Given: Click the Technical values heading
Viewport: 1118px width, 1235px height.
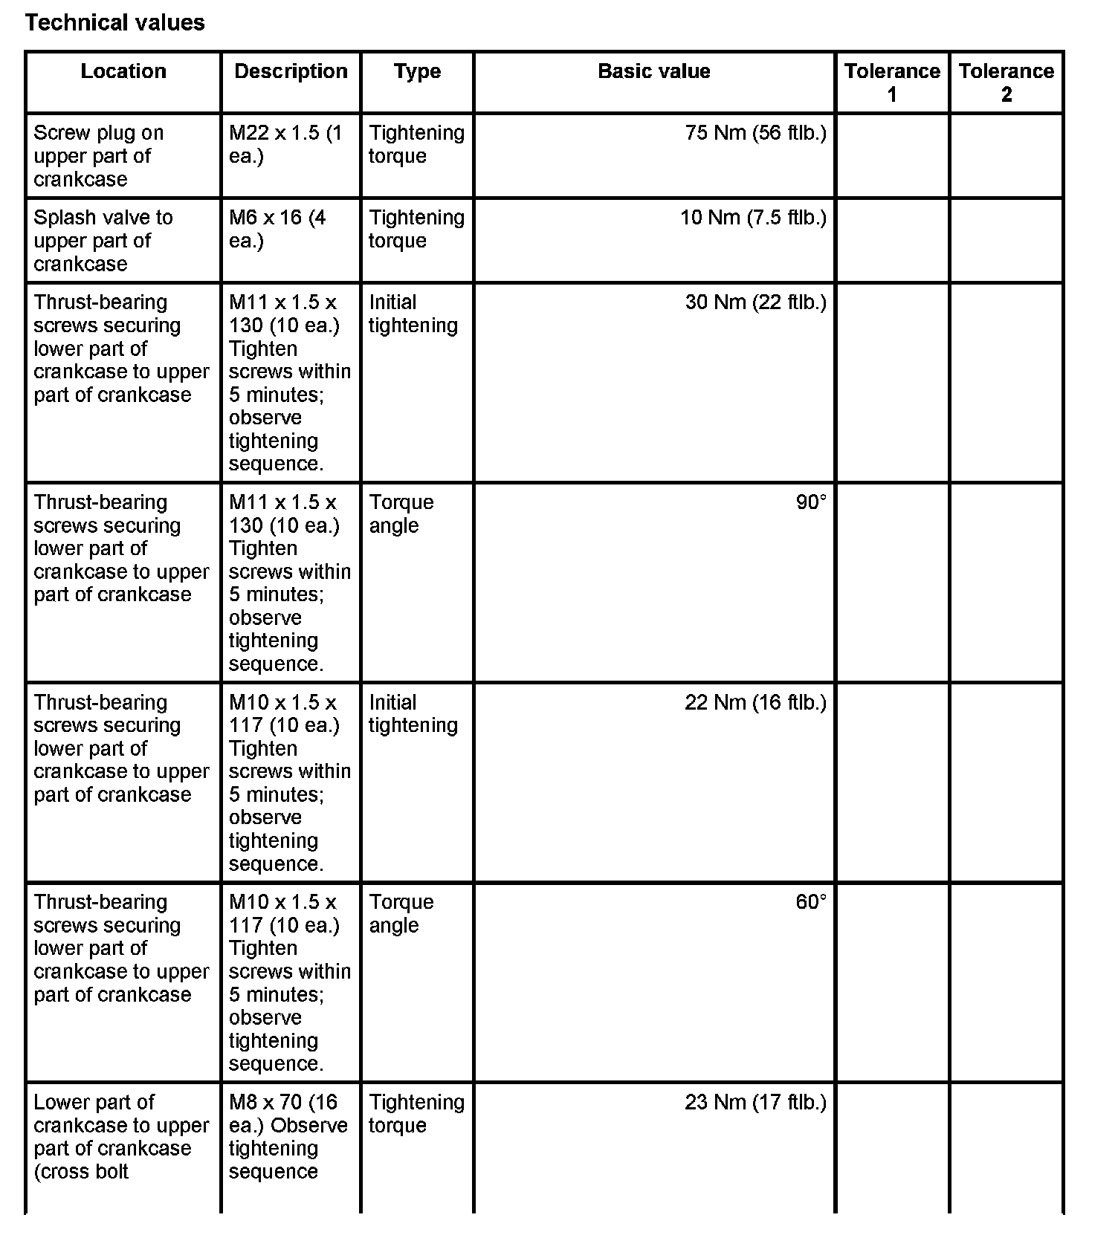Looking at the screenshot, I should pyautogui.click(x=114, y=22).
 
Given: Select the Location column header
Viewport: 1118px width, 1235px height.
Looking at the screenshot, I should pyautogui.click(x=123, y=71).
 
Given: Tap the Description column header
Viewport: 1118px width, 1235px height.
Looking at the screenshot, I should pyautogui.click(x=291, y=71).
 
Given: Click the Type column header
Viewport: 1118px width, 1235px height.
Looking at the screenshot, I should pyautogui.click(x=417, y=71).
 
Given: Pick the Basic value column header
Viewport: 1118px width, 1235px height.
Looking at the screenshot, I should pyautogui.click(x=653, y=71).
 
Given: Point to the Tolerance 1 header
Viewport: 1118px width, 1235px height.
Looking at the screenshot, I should pyautogui.click(x=892, y=82).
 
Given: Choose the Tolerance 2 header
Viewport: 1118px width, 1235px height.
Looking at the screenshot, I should pyautogui.click(x=1006, y=82).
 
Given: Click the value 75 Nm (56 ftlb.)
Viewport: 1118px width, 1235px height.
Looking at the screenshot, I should pyautogui.click(x=755, y=133).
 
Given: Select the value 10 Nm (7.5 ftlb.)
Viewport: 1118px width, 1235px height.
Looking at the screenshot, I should pyautogui.click(x=753, y=218).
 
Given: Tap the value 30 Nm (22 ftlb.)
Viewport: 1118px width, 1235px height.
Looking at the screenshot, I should pyautogui.click(x=755, y=302).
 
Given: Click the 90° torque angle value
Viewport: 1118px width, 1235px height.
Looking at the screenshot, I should pyautogui.click(x=811, y=502).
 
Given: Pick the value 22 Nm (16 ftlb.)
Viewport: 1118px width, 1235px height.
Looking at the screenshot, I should pyautogui.click(x=755, y=702).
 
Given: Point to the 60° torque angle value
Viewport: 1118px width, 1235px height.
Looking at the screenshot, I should pyautogui.click(x=811, y=902).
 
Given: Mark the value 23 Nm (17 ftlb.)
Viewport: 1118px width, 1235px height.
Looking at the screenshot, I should pyautogui.click(x=755, y=1102).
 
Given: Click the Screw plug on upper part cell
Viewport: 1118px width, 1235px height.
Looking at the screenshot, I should pyautogui.click(x=98, y=156).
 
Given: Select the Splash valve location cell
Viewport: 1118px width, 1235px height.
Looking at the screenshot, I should pyautogui.click(x=103, y=241).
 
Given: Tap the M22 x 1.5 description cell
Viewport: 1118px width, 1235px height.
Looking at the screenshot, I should pyautogui.click(x=285, y=144).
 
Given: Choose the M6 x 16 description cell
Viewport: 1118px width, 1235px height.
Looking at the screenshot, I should pyautogui.click(x=277, y=229).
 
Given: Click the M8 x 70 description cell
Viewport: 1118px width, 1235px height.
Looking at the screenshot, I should pyautogui.click(x=288, y=1136).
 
